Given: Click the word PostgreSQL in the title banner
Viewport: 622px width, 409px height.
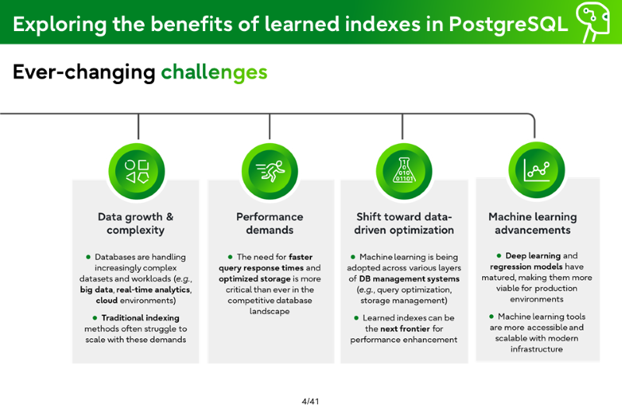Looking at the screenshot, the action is (x=508, y=25).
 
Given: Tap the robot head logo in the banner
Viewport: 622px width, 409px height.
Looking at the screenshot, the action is (x=592, y=22).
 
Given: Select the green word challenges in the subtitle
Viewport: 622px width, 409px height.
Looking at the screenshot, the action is (x=215, y=72).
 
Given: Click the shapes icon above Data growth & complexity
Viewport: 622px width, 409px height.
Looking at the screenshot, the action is (x=137, y=171).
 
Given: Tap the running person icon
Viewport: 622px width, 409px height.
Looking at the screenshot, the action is (x=270, y=171).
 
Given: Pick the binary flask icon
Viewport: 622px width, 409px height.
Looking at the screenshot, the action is (x=404, y=170).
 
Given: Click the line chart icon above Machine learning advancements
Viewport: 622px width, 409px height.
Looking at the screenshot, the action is (x=536, y=170).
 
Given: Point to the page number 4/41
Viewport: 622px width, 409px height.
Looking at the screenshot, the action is (x=310, y=401).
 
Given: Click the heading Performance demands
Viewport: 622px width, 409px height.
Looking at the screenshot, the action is (x=270, y=223).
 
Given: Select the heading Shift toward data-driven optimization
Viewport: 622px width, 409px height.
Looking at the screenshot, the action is (x=404, y=223).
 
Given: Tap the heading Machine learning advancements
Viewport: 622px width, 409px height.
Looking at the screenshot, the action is (x=533, y=223).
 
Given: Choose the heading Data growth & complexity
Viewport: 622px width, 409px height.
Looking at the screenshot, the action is (x=135, y=223).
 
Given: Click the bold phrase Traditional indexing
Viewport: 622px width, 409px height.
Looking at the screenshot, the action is (x=141, y=318).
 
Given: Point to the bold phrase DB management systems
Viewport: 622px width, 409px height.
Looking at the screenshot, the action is (x=410, y=279).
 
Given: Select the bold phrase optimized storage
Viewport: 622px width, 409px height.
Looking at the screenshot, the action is (x=254, y=279).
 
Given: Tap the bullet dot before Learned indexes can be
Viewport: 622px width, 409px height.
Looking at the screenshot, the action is (x=356, y=318).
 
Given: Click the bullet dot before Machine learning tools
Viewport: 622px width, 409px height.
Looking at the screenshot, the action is (x=491, y=316).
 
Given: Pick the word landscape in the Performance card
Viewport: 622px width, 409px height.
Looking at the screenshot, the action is (x=270, y=311).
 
